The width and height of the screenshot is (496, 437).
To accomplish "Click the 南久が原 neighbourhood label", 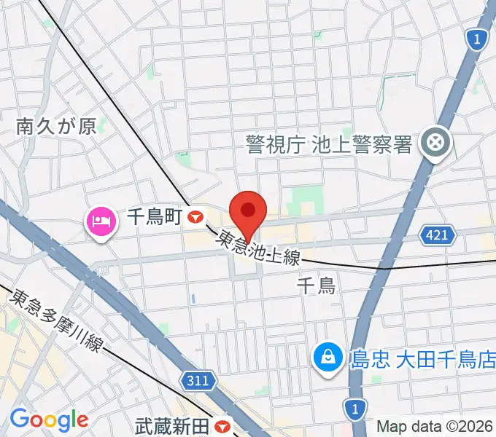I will [56, 127].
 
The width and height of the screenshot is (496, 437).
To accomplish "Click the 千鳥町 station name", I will [154, 216].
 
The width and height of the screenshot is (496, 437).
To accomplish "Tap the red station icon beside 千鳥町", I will [195, 216].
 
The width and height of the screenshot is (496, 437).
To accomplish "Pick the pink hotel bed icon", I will [101, 220].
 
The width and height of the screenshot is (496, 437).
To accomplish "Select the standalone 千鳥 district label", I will [316, 285].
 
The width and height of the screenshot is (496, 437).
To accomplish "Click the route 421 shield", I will [435, 235].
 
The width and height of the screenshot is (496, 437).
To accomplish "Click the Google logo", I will [49, 420].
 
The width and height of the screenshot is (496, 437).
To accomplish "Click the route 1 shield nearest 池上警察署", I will [476, 40].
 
